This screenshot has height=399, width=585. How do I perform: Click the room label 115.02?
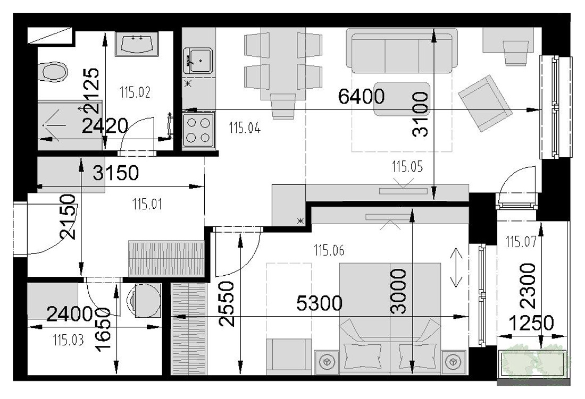(x=135, y=92)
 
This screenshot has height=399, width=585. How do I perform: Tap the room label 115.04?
(x=245, y=128)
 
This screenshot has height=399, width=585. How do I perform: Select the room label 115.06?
(x=329, y=250)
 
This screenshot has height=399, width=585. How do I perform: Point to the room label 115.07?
(x=521, y=242)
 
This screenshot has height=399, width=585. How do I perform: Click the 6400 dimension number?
(x=361, y=96)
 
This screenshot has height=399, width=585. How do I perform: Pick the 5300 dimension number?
(x=319, y=303)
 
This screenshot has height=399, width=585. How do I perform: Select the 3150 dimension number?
(x=115, y=173)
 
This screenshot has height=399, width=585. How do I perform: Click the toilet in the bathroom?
(x=53, y=72)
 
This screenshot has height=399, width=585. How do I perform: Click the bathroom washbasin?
(x=137, y=44)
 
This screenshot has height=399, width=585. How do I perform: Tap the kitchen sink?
(x=198, y=61)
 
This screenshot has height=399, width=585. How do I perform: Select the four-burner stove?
(x=198, y=131)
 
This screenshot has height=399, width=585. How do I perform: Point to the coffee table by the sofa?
(x=402, y=99)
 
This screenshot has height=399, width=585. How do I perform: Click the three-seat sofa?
(x=402, y=50)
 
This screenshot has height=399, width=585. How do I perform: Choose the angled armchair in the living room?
(x=485, y=103)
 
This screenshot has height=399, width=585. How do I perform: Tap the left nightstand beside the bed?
(x=327, y=362)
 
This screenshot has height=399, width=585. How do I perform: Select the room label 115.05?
(x=407, y=167)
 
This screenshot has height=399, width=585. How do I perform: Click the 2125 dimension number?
(x=92, y=90)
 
